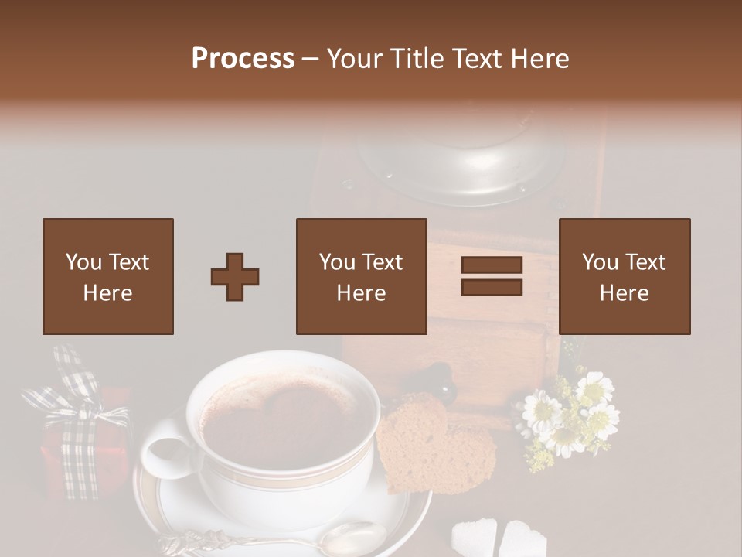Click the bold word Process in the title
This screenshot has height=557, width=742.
coord(243,59)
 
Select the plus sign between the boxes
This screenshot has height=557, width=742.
coord(235,277)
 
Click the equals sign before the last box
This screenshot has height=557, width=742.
coord(492,276)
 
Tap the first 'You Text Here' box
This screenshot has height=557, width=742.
coord(107,276)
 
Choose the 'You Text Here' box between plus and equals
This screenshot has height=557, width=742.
coord(361,276)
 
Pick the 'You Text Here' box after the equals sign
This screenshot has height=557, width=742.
coord(624,276)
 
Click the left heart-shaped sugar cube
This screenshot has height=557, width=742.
coord(474,536)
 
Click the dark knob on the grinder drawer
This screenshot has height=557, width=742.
coord(446,379)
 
